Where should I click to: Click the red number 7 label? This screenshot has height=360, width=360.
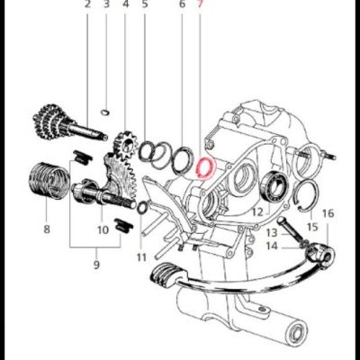pyautogui.click(x=202, y=5)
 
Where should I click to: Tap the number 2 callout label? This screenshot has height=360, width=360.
pyautogui.click(x=88, y=5)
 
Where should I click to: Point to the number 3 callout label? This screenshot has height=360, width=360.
pyautogui.click(x=106, y=5)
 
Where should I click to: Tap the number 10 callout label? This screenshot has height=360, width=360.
pyautogui.click(x=103, y=229)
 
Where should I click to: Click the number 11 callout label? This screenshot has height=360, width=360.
pyautogui.click(x=140, y=258)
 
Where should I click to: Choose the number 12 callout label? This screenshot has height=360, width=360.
pyautogui.click(x=256, y=212)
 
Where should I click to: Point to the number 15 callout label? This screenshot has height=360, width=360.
pyautogui.click(x=311, y=227)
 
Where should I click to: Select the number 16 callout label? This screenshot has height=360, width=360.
pyautogui.click(x=327, y=213)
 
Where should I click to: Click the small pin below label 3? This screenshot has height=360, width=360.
pyautogui.click(x=106, y=112)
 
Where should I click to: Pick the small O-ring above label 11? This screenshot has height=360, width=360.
pyautogui.click(x=141, y=210)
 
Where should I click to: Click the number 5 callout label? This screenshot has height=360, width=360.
pyautogui.click(x=146, y=5)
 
